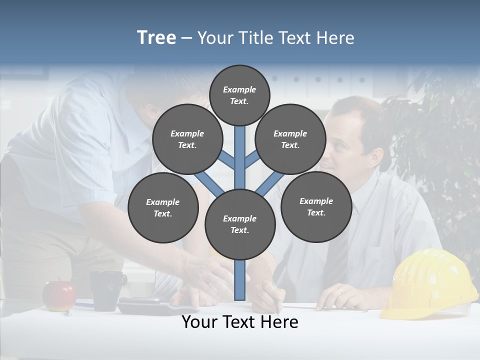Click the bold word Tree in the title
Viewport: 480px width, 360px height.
tap(156, 37)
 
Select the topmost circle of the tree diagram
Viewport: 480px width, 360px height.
tap(239, 95)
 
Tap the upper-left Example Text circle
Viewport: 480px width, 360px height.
tap(187, 139)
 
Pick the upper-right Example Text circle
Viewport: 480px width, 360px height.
tap(290, 139)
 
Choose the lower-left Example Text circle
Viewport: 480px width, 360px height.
tap(162, 207)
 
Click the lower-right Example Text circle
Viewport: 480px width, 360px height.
tap(316, 206)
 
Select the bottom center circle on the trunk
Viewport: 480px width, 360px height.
tap(239, 224)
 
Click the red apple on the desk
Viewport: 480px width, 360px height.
tap(59, 295)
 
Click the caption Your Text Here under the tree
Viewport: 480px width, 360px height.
tap(239, 322)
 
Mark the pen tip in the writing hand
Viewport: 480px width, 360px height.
tap(277, 311)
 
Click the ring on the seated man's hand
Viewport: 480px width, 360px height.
tap(340, 289)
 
